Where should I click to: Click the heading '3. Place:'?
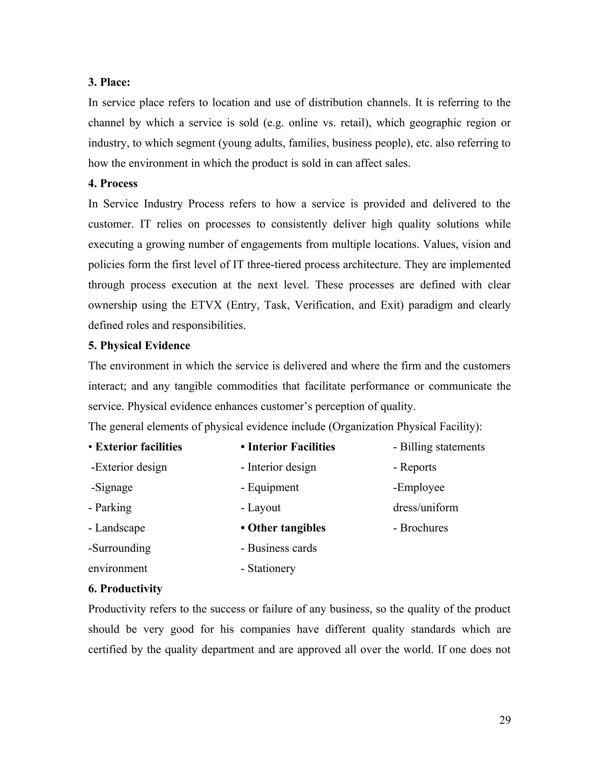point(109,82)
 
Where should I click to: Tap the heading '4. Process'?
point(113,183)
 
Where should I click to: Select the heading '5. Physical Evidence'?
point(139,346)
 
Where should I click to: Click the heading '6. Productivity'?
point(125,589)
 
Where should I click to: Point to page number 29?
point(505,720)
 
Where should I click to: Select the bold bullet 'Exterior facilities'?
point(138,447)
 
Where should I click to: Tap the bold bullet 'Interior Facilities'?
point(291,447)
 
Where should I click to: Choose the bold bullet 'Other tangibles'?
point(286,528)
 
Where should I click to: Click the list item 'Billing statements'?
point(442,447)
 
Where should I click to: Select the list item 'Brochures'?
point(424,528)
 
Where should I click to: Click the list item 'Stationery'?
point(271,568)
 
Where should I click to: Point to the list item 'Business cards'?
point(282,548)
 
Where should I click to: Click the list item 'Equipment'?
point(273,487)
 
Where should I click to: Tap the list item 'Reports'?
point(418,467)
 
